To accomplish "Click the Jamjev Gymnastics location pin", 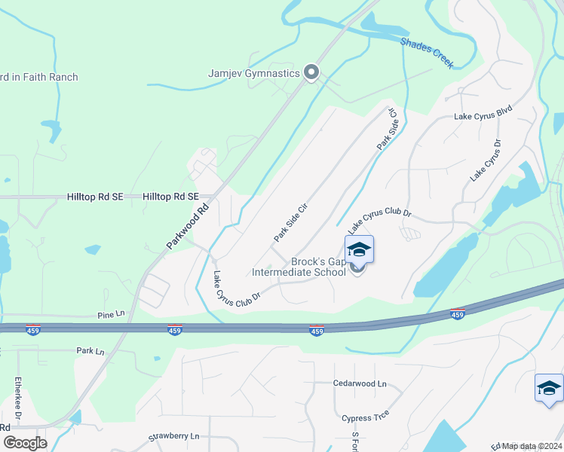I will tap(312, 73).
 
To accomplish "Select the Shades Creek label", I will tap(427, 53).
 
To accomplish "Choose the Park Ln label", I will tap(90, 350).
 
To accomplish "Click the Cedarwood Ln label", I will tap(360, 383).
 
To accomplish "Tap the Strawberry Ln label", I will tap(173, 436).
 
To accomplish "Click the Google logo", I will tap(24, 443).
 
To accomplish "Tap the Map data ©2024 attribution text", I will tap(532, 446).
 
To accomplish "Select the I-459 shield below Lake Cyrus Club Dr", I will tap(317, 331).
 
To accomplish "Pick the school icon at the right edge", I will tap(548, 389).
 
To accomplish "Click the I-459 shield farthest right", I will tap(457, 313).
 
